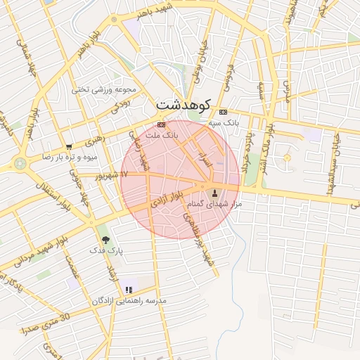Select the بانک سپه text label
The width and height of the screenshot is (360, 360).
pyautogui.click(x=224, y=122)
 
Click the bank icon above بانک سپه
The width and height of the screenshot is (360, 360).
pyautogui.click(x=224, y=112)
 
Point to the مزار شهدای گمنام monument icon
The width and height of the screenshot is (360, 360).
pyautogui.click(x=214, y=192)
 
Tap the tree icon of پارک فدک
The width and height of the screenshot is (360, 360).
pyautogui.click(x=106, y=238)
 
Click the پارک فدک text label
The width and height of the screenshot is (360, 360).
pyautogui.click(x=106, y=250)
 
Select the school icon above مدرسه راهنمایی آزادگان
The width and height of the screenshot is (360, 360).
pyautogui.click(x=129, y=289)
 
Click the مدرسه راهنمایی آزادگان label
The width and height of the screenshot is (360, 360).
pyautogui.click(x=129, y=300)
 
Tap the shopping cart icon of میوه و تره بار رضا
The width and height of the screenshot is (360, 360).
pyautogui.click(x=68, y=146)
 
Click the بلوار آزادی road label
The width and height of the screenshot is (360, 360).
pyautogui.click(x=170, y=198)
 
